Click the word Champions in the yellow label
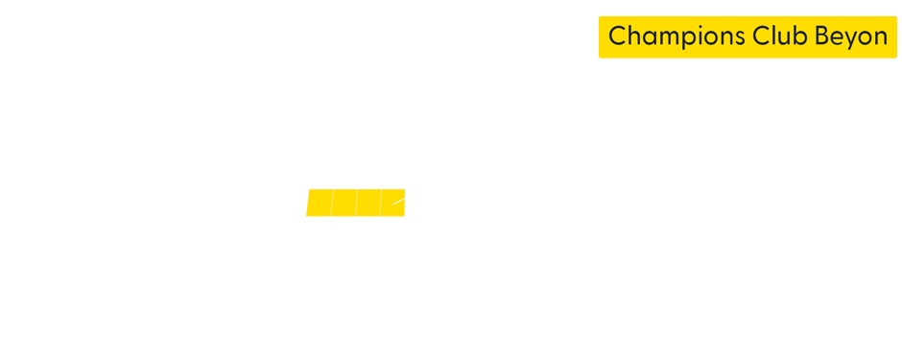671,36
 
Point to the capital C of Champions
618,36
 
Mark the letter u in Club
775,37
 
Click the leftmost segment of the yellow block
320,204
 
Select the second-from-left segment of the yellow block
344,204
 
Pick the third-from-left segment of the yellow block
368,204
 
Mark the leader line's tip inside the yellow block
393,203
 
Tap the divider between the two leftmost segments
332,204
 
